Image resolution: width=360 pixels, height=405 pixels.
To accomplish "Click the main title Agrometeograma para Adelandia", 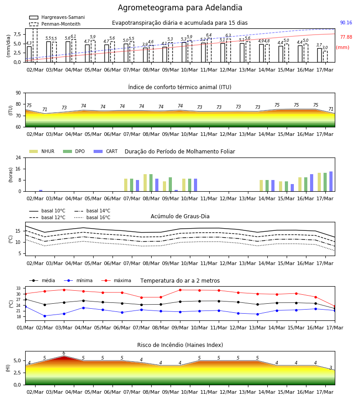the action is [180, 8].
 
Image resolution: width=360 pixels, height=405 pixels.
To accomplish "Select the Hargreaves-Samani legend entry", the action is [57, 17].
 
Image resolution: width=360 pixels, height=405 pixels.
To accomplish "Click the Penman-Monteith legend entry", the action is [55, 24].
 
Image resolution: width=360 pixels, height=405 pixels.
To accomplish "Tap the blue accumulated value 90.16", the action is [346, 23].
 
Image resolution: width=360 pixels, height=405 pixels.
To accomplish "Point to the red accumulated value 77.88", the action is [346, 37].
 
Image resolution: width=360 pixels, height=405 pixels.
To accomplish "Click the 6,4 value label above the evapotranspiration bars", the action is [209, 35].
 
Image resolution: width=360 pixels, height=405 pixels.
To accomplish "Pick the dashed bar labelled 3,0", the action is [325, 57].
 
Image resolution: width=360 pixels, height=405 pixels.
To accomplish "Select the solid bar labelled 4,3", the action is [29, 54].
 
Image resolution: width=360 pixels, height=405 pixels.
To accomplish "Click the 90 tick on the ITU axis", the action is [18, 93].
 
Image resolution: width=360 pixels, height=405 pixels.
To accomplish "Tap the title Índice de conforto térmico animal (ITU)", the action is [180, 87].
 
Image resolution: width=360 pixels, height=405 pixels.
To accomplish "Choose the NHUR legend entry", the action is [41, 151].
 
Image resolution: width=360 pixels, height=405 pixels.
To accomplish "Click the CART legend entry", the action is [105, 151].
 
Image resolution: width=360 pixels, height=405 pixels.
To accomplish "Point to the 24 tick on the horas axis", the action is [18, 157].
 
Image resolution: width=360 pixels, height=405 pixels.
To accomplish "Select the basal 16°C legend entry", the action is [92, 217].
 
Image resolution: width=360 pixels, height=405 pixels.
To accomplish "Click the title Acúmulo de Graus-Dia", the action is [180, 216].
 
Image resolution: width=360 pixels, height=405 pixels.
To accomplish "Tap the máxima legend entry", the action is [116, 280].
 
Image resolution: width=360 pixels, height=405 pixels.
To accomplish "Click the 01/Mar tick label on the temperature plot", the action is [25, 328].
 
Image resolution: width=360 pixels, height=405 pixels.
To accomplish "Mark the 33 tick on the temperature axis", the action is [18, 288].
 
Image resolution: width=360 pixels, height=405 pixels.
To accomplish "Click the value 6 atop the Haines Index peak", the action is [64, 353].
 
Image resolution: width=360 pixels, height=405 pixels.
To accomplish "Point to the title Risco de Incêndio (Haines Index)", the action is [180, 345].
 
